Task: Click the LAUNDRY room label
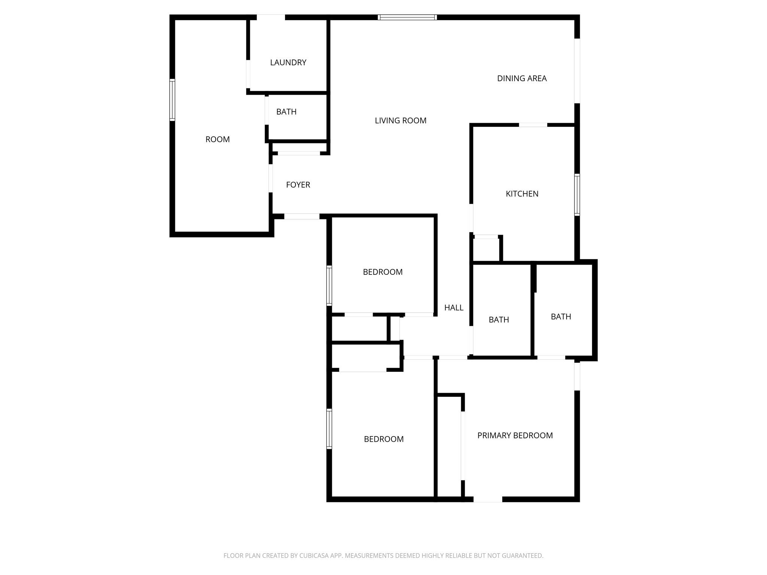(288, 63)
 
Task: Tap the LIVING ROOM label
(400, 121)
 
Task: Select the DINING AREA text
(522, 78)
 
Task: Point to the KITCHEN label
(522, 194)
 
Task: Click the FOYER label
(298, 185)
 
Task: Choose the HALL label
(454, 308)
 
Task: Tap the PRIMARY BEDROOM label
(515, 435)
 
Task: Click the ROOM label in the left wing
(218, 139)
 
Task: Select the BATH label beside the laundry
(287, 112)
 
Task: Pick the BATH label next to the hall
(499, 320)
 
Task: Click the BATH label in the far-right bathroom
(561, 317)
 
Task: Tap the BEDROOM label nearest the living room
(383, 272)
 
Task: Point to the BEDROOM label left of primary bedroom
(384, 439)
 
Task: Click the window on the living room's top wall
(407, 17)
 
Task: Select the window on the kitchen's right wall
(577, 195)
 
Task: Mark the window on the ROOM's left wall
(172, 100)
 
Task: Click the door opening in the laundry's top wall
(271, 17)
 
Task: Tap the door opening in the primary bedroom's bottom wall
(488, 499)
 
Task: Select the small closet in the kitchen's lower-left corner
(486, 250)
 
